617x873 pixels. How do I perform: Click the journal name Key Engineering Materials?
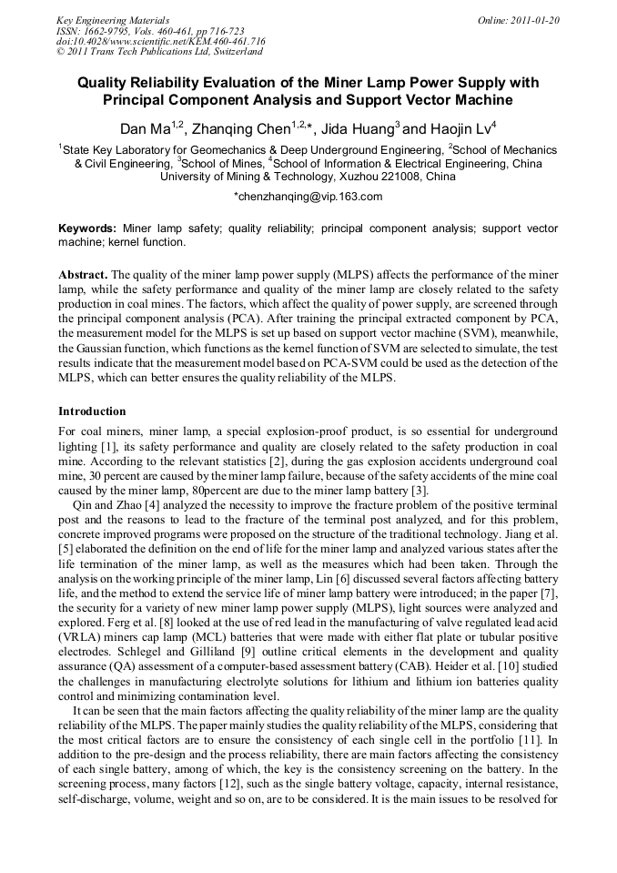[x=112, y=20]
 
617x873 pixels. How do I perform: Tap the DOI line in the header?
[x=160, y=41]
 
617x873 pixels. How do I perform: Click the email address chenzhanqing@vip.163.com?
[x=308, y=196]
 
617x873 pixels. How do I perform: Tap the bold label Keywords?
[x=87, y=228]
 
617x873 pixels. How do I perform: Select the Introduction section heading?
[x=92, y=411]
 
